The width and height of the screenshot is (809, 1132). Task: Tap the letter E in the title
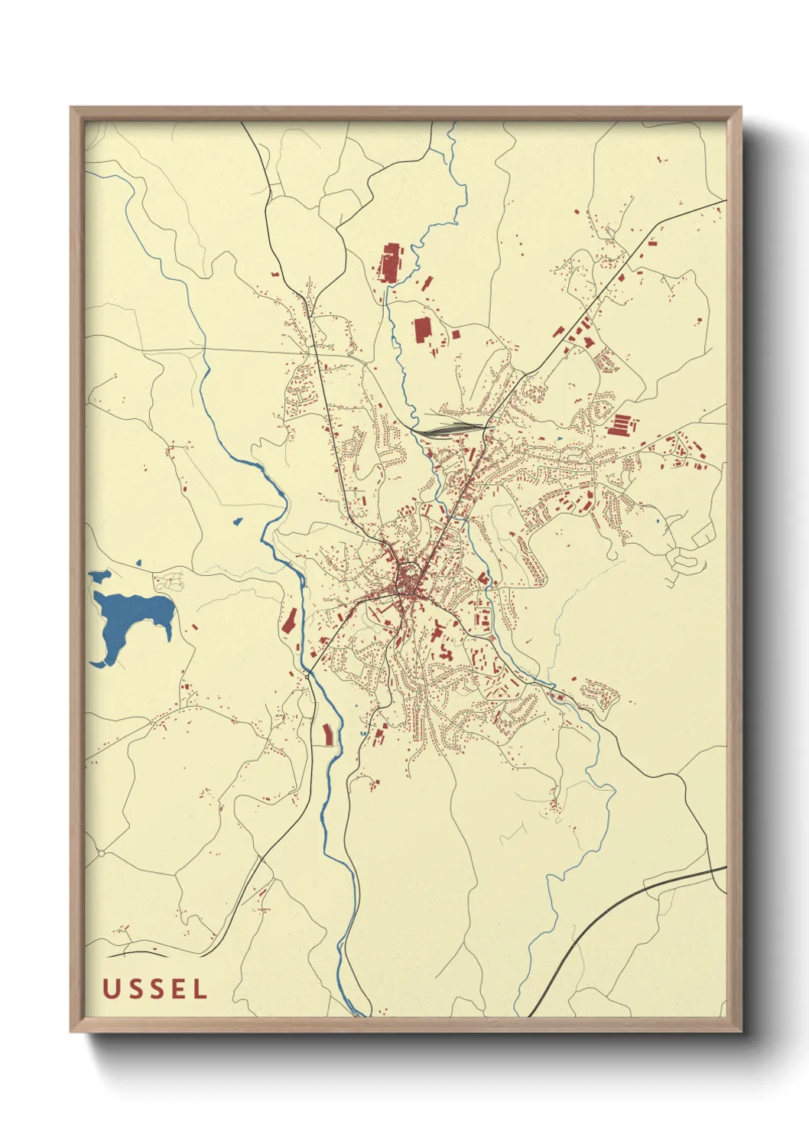coord(177,989)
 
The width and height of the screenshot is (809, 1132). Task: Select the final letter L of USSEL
coord(200,989)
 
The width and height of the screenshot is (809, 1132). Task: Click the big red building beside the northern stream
coord(390,262)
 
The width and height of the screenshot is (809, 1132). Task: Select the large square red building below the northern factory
coord(422,330)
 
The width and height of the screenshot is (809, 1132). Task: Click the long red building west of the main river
coord(289,621)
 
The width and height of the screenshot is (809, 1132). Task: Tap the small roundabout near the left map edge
coord(100,853)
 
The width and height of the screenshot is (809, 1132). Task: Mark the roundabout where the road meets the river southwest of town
coord(307,676)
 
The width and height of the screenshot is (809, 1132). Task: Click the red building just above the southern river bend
coord(329,734)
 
